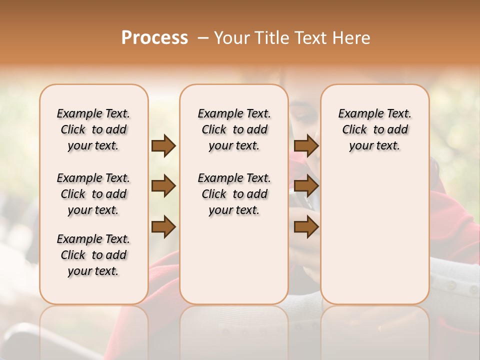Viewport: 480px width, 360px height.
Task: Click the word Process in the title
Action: click(x=154, y=37)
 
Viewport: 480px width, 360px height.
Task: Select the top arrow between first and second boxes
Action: click(x=163, y=146)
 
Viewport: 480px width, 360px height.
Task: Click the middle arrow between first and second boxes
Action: click(x=163, y=186)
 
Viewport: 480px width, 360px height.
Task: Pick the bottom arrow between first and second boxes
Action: click(x=163, y=226)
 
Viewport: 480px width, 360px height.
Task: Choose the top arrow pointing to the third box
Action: click(x=306, y=146)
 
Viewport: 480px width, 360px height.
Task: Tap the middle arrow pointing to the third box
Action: click(x=306, y=186)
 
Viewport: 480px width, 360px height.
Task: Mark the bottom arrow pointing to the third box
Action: click(x=306, y=226)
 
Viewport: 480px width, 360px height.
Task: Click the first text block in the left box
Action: click(x=93, y=129)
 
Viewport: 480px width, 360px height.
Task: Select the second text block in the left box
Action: click(x=93, y=194)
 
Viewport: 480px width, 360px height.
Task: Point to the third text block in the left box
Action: click(x=93, y=255)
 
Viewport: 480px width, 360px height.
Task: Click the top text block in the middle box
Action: click(x=234, y=129)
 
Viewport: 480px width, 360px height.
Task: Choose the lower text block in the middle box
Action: click(x=234, y=194)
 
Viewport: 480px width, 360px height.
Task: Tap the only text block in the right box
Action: click(x=374, y=129)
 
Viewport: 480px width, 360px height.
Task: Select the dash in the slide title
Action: click(x=203, y=37)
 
